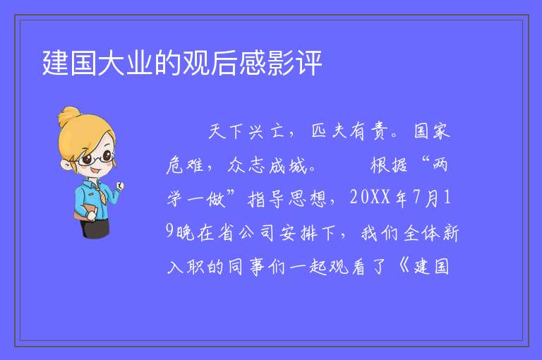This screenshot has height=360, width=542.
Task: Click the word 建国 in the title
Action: pos(69,63)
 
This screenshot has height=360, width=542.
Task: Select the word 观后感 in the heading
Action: pos(224,63)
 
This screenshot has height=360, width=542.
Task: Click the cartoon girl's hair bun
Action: pos(69,115)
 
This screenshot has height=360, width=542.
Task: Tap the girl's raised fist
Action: pos(119,186)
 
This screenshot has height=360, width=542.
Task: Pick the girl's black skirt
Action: pos(95,229)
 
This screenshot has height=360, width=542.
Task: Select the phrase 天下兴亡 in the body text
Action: pos(246,131)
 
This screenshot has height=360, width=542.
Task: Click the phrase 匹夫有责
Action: pos(349,131)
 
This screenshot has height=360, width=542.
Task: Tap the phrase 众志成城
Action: pos(267,165)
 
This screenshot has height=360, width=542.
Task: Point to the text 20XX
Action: pos(371,198)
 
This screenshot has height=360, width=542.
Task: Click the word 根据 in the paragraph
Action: pos(389,165)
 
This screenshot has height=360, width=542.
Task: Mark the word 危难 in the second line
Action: pos(185,165)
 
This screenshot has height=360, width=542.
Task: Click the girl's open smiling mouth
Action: pos(95,171)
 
